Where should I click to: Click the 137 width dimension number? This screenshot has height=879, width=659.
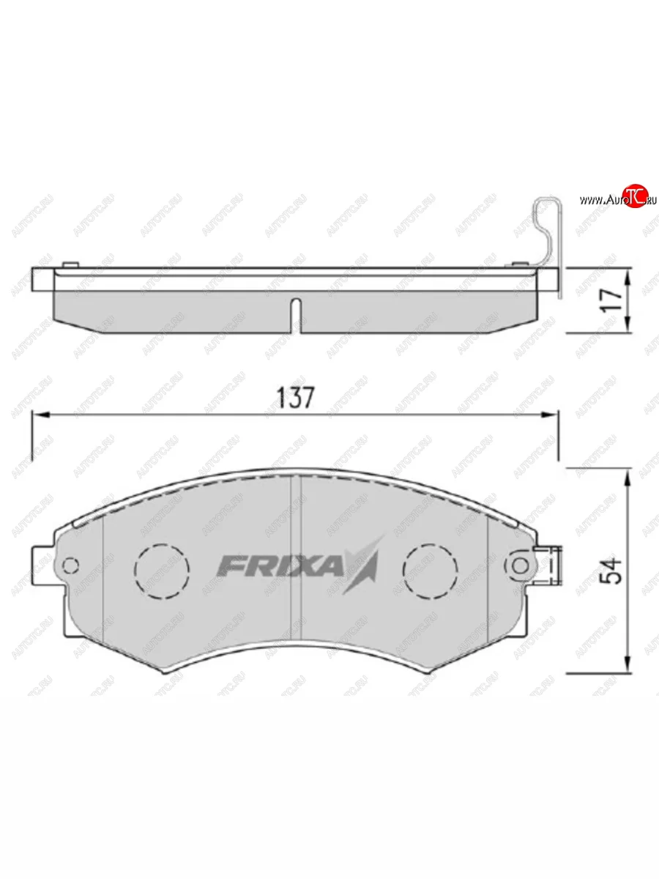296,398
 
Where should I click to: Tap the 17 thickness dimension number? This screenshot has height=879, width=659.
614,300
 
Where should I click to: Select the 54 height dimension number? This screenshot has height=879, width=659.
614,570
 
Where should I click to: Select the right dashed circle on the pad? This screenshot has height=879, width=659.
431,566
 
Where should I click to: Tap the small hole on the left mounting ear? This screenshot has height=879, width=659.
71,565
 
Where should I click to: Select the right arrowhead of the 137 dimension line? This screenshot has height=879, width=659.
552,415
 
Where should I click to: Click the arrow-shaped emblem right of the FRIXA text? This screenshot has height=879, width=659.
364,564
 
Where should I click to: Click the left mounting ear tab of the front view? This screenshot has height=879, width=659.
44,564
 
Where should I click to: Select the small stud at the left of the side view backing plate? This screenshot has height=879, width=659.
70,264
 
